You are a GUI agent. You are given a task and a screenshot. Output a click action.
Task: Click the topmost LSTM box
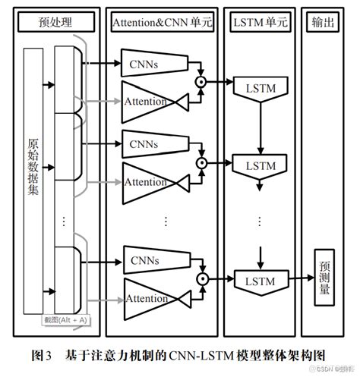[259, 90]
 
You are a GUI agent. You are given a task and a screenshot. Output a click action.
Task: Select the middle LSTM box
[259, 165]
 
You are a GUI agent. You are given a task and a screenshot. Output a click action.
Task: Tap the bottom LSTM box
[259, 281]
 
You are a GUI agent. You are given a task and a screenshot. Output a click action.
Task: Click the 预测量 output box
[324, 278]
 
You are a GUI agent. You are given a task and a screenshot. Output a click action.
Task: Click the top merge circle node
[201, 79]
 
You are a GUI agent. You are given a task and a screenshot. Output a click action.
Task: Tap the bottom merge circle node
[201, 280]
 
